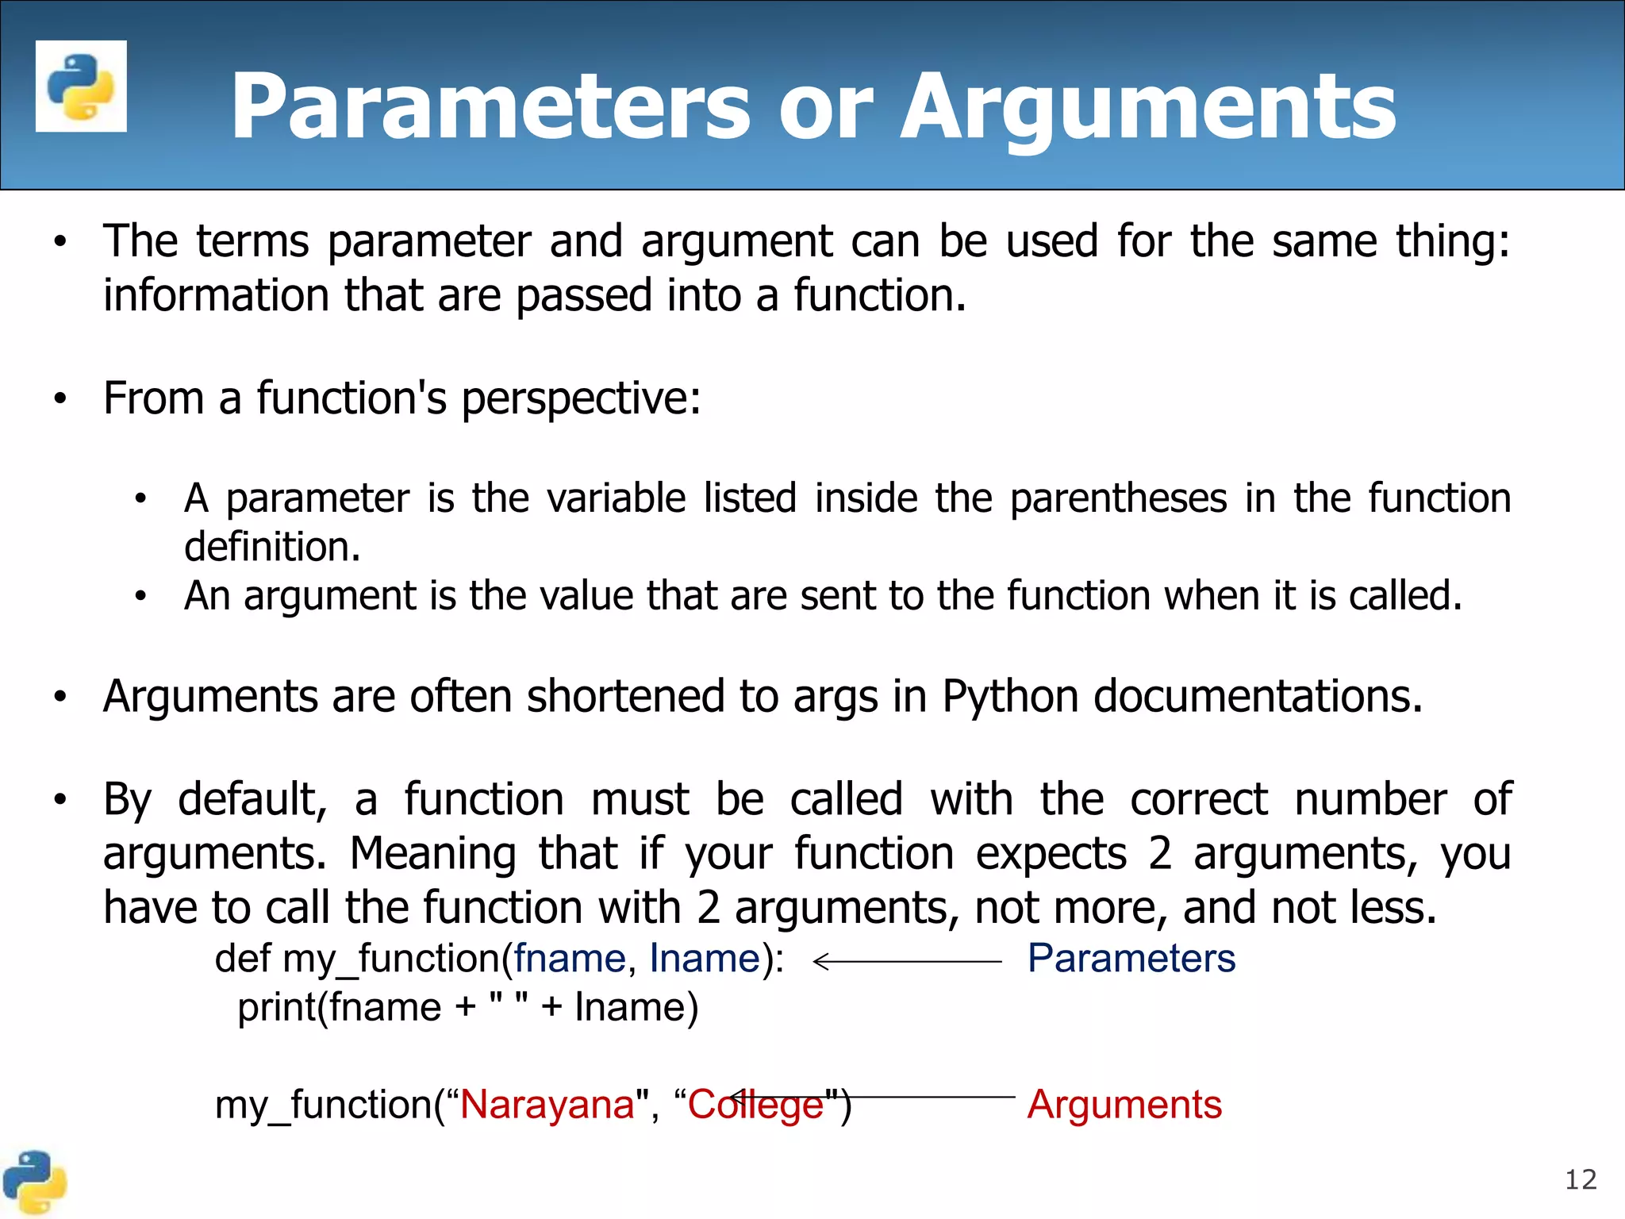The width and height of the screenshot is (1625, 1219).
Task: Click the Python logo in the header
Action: (81, 86)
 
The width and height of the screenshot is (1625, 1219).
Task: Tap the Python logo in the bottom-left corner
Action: (34, 1182)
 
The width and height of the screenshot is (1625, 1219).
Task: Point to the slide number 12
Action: (1580, 1180)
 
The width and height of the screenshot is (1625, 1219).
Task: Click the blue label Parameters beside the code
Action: (1131, 958)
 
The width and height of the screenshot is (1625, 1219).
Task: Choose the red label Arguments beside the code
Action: (1124, 1104)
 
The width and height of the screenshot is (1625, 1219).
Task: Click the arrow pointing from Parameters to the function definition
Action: (907, 961)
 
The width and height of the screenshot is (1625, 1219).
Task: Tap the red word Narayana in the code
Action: (547, 1104)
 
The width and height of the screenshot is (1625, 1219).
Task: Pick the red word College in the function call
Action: (755, 1104)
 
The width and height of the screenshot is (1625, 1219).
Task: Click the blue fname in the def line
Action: (570, 958)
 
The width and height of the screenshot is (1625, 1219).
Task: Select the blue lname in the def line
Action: (705, 958)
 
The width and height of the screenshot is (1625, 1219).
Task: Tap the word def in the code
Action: (243, 958)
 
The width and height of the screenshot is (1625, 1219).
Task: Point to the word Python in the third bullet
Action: (1009, 697)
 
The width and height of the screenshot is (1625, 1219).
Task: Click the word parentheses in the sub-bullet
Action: (1118, 498)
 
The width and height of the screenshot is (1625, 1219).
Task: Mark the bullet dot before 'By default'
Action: (60, 800)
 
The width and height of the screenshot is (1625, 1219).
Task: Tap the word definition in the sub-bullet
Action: (272, 547)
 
